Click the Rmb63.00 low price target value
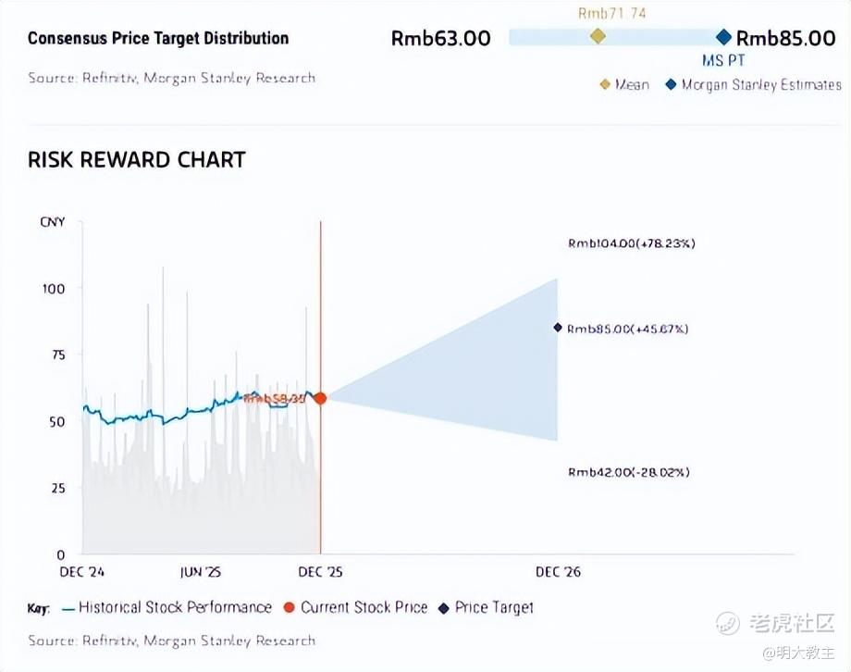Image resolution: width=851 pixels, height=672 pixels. [440, 38]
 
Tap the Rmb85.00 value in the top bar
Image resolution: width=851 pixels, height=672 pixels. [785, 38]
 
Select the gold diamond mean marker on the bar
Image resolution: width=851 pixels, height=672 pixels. [598, 36]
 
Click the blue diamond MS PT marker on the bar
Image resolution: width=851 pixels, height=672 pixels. [723, 37]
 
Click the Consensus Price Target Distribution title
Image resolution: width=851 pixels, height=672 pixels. [158, 39]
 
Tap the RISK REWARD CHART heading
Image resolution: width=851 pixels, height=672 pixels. [136, 159]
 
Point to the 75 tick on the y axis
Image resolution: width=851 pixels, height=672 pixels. [56, 355]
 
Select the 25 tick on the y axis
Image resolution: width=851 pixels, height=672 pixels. [56, 488]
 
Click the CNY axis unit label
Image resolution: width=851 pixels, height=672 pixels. [52, 222]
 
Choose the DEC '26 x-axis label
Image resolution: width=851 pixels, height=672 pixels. [558, 572]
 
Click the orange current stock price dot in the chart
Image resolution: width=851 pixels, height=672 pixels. [320, 398]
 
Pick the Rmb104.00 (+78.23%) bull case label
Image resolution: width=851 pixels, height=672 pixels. [631, 243]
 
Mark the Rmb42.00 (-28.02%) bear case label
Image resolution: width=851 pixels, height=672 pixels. [629, 472]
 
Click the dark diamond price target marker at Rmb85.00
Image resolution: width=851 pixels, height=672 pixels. [558, 327]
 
